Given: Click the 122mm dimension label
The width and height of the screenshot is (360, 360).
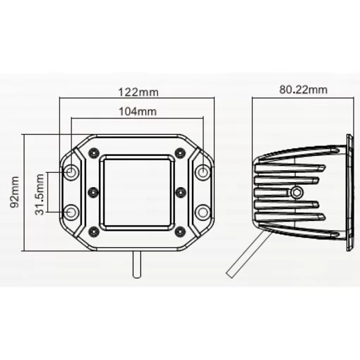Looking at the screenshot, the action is [138, 92].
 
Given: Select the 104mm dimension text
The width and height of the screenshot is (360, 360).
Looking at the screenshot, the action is [138, 112].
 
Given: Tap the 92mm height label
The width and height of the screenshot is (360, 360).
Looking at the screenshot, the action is [15, 192].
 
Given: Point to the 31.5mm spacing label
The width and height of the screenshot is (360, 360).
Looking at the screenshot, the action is [40, 194].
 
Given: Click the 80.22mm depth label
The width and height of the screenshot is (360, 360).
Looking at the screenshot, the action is [304, 90].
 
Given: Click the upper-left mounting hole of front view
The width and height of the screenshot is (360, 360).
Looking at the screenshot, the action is [71, 172].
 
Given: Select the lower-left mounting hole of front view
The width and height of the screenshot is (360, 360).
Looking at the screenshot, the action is [71, 212].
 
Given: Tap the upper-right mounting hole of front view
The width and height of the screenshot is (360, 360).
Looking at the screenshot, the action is [203, 172].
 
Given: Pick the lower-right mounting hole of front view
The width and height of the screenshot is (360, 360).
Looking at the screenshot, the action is [203, 212].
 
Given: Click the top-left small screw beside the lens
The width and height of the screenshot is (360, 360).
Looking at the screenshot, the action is [94, 153].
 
